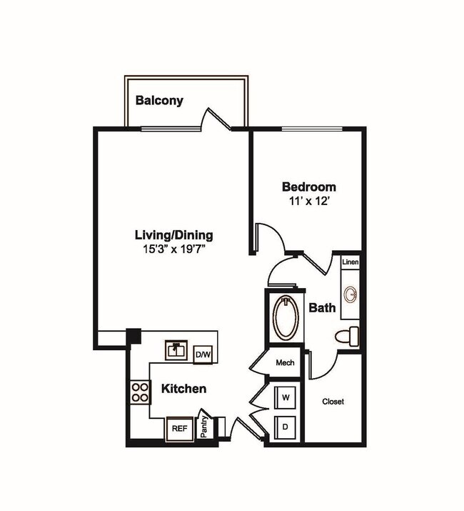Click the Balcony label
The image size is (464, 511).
[x=159, y=100]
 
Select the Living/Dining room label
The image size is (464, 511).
[x=174, y=234]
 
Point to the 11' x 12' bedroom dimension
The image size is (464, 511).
[x=308, y=202]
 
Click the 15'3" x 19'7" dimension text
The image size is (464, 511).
[x=174, y=249]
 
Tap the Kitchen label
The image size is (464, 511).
[x=183, y=389]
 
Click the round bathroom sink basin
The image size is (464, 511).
[x=350, y=294]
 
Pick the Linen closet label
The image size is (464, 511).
[x=350, y=262]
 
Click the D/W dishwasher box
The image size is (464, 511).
[x=203, y=354]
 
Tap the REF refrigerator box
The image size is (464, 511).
[x=179, y=429]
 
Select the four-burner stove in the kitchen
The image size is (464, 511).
[x=140, y=392]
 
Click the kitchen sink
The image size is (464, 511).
[x=176, y=349]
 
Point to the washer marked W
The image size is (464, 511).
[x=286, y=396]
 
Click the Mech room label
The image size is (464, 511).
[x=285, y=363]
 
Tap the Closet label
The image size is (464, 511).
[x=333, y=402]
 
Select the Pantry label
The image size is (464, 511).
[x=204, y=427]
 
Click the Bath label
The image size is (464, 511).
[x=322, y=309]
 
